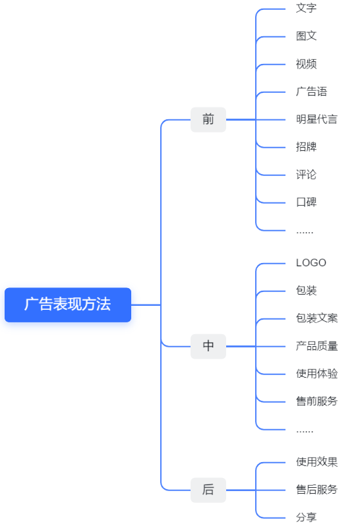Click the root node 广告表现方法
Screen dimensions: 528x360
pyautogui.click(x=67, y=305)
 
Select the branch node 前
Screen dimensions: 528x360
pyautogui.click(x=208, y=119)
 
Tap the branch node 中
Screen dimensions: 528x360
pyautogui.click(x=208, y=346)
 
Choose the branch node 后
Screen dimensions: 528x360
pyautogui.click(x=208, y=490)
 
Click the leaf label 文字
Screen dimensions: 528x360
pyautogui.click(x=306, y=8)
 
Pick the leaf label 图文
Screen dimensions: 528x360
pyautogui.click(x=306, y=36)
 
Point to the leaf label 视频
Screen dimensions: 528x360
pyautogui.click(x=306, y=64)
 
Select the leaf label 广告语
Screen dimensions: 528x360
pyautogui.click(x=311, y=92)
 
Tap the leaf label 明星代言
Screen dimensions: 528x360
pyautogui.click(x=316, y=119)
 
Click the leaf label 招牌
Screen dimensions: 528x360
pyautogui.click(x=306, y=146)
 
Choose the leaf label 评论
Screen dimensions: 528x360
pyautogui.click(x=306, y=175)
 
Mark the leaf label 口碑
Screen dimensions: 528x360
pyautogui.click(x=306, y=202)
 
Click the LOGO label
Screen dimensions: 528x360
pyautogui.click(x=311, y=262)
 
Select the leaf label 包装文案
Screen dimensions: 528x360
pyautogui.click(x=316, y=318)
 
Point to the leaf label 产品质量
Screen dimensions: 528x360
pyautogui.click(x=316, y=346)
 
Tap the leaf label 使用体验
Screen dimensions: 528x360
pyautogui.click(x=316, y=374)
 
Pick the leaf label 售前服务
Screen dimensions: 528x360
pyautogui.click(x=316, y=401)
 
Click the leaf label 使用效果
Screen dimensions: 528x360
pyautogui.click(x=316, y=462)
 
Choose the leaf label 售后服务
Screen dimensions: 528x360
pyautogui.click(x=316, y=490)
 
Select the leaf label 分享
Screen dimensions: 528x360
pyautogui.click(x=306, y=517)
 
